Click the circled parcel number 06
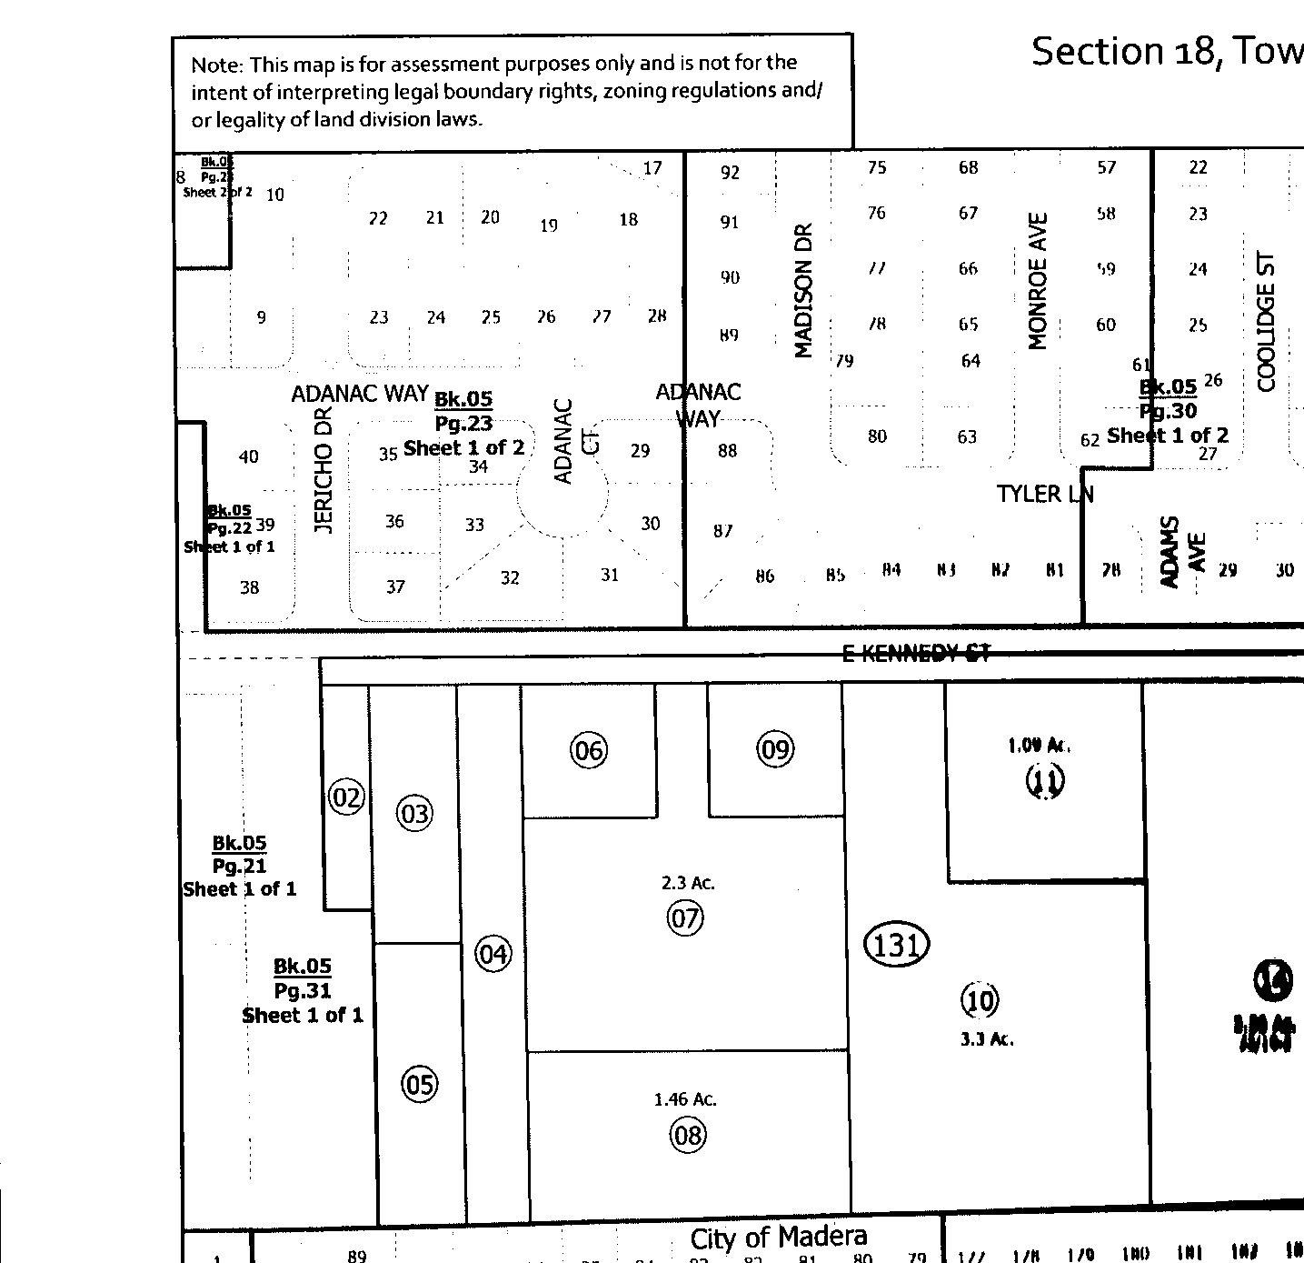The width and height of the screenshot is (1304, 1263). pyautogui.click(x=588, y=750)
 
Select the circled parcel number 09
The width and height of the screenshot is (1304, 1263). pyautogui.click(x=775, y=748)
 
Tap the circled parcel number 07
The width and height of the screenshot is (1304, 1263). pyautogui.click(x=685, y=918)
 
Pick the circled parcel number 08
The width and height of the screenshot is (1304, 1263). pyautogui.click(x=687, y=1135)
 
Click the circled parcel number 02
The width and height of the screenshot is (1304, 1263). pyautogui.click(x=345, y=798)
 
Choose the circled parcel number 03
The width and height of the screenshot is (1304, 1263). pyautogui.click(x=414, y=813)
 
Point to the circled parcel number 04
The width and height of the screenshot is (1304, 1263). pyautogui.click(x=493, y=954)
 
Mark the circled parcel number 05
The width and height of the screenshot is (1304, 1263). pyautogui.click(x=419, y=1084)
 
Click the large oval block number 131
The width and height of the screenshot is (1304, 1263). pyautogui.click(x=896, y=945)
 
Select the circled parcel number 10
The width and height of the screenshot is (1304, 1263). pyautogui.click(x=980, y=1000)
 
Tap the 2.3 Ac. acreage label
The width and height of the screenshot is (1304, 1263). pyautogui.click(x=688, y=883)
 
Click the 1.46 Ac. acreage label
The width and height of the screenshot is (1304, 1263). pyautogui.click(x=685, y=1099)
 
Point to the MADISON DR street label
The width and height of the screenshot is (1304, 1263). pyautogui.click(x=802, y=291)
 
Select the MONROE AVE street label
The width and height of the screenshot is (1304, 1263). pyautogui.click(x=1038, y=281)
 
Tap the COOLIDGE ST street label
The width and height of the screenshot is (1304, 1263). pyautogui.click(x=1267, y=322)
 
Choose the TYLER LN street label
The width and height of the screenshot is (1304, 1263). pyautogui.click(x=1044, y=494)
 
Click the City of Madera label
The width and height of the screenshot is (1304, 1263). pyautogui.click(x=778, y=1237)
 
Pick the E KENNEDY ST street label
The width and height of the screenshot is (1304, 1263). pyautogui.click(x=915, y=653)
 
